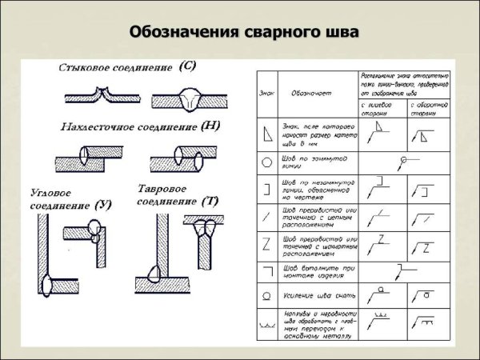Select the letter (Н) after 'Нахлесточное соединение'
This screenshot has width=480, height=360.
pos(213,126)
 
